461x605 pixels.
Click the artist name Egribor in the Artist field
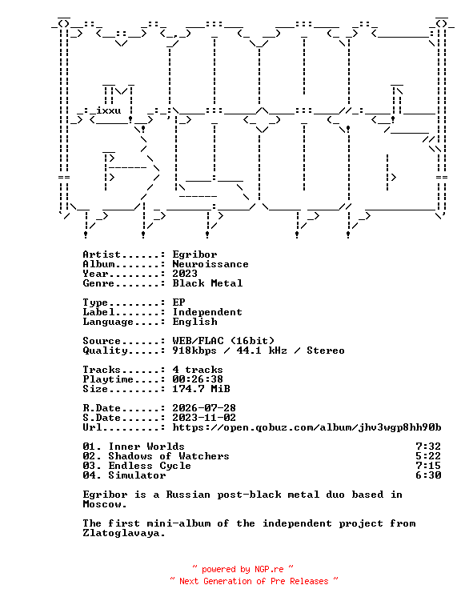(194, 254)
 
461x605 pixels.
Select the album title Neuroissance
(210, 264)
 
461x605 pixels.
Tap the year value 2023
(185, 274)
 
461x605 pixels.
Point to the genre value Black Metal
(207, 283)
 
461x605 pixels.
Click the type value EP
(178, 302)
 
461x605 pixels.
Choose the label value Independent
(207, 312)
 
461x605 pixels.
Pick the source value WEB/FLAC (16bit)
(223, 341)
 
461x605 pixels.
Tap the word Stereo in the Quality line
(326, 351)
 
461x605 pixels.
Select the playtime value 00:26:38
(198, 379)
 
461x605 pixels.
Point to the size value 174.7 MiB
(201, 389)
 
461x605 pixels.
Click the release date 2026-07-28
(204, 408)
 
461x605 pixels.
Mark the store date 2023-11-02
(204, 418)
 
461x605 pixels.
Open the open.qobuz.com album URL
(307, 427)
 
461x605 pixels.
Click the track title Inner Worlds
(146, 447)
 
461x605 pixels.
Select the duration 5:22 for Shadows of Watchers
(428, 456)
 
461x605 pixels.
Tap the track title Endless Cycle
(150, 466)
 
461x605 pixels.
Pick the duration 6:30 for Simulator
(428, 475)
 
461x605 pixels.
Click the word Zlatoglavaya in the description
(124, 533)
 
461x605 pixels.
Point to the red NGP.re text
(269, 569)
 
